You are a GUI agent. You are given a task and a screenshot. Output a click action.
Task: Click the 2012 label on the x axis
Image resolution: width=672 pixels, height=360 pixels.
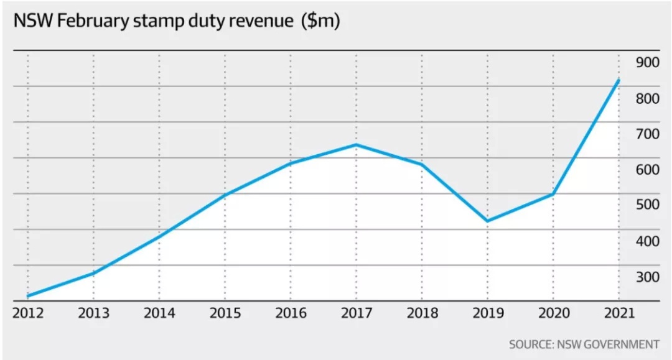[x=27, y=313]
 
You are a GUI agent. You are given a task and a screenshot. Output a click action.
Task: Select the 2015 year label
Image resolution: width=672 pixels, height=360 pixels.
[x=225, y=313]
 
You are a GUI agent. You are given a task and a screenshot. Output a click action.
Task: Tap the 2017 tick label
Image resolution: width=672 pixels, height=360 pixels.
[x=356, y=313]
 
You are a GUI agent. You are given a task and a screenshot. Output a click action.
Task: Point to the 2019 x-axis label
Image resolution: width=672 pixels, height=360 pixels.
[x=487, y=313]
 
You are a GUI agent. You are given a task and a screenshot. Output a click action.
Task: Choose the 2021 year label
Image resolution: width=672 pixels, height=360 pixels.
[x=618, y=313]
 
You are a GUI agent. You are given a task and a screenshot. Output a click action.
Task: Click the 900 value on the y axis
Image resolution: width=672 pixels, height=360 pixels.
[x=648, y=63]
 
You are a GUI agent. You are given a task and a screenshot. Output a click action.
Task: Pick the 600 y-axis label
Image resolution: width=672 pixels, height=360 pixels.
[x=648, y=170]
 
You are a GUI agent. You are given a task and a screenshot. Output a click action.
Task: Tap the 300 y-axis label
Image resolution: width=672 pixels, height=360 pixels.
[x=648, y=277]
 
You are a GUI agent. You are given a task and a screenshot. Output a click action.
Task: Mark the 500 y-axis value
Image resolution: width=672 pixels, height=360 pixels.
[x=648, y=205]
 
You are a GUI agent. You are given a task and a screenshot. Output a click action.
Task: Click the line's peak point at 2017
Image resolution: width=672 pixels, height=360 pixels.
[x=356, y=145]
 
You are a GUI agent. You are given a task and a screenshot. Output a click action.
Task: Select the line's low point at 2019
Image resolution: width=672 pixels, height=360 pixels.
[x=487, y=221]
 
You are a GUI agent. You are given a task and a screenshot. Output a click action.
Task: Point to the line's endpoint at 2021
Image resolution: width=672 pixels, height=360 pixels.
[x=618, y=80]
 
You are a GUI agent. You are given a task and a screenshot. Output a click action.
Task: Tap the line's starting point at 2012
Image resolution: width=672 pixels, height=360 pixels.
[x=28, y=296]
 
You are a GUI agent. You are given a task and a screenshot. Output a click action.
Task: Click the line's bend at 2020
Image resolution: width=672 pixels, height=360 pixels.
[x=553, y=195]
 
